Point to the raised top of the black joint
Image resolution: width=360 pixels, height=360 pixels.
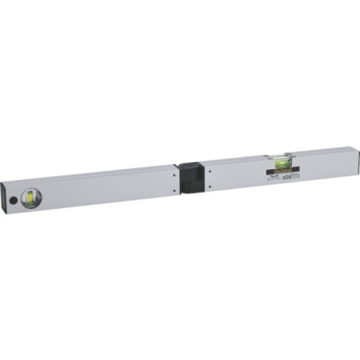click(x=190, y=165)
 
